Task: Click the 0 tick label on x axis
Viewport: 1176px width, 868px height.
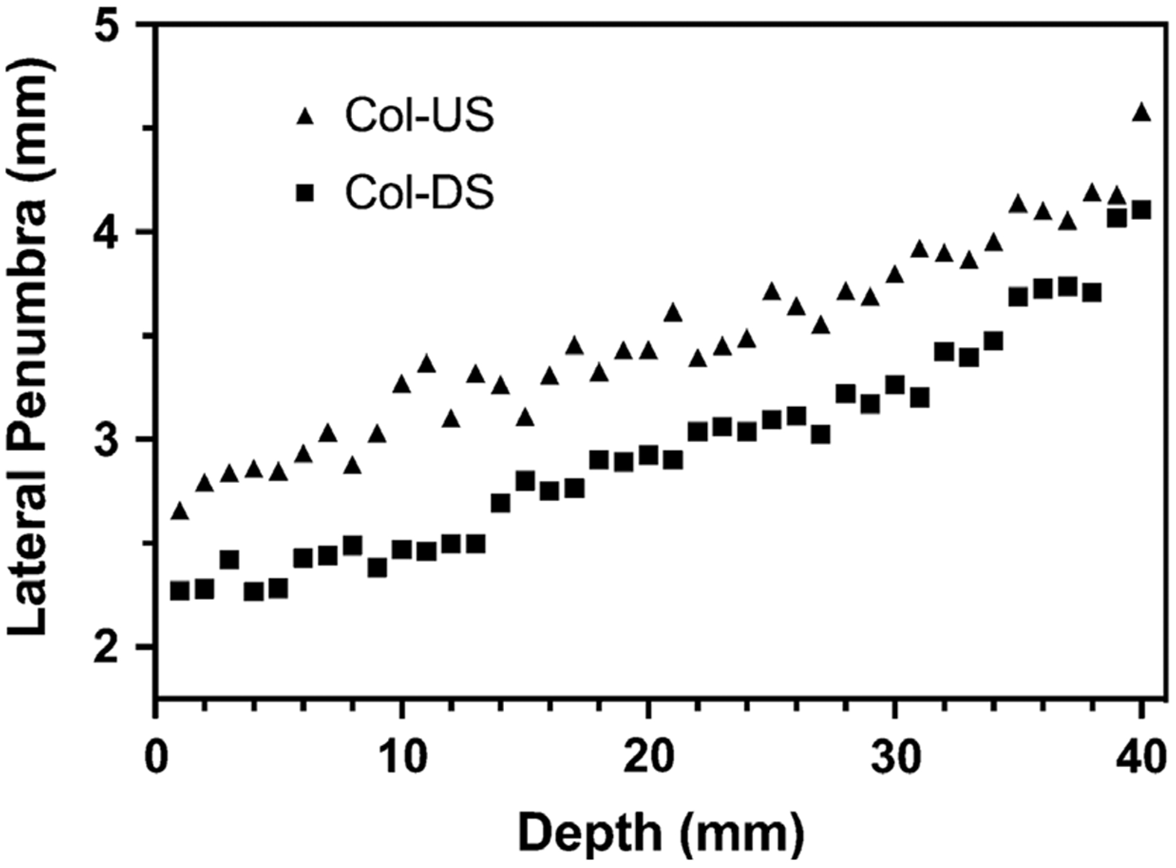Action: pos(157,756)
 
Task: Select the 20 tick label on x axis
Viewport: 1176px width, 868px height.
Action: pos(647,756)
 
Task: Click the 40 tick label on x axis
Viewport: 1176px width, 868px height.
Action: pos(1140,756)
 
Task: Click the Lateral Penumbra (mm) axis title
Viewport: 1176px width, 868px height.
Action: pos(29,350)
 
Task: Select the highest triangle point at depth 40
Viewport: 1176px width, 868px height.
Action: pos(1141,113)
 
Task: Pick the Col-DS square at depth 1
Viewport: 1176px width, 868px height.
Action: pos(180,591)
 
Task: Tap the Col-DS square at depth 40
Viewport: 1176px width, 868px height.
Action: pos(1141,211)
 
